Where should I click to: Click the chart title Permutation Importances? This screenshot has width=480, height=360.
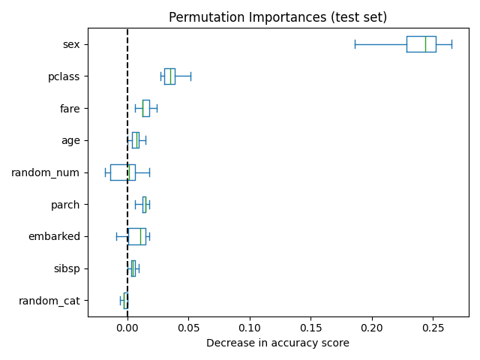[x=277, y=17]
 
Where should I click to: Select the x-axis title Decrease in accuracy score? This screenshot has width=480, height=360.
[x=277, y=343]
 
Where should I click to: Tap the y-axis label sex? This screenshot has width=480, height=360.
[x=71, y=45]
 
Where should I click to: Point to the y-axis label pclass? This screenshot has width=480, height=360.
[x=64, y=76]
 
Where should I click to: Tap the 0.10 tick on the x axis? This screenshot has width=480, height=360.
[x=250, y=328]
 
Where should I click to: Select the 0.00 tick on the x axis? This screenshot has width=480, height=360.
[x=127, y=328]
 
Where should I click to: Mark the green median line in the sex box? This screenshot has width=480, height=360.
[x=425, y=44]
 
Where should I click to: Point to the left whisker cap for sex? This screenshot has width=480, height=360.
[x=355, y=44]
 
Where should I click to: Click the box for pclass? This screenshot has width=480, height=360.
[x=169, y=76]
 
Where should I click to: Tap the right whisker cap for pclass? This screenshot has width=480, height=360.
[x=190, y=76]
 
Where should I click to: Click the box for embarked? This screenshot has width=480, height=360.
[x=136, y=236]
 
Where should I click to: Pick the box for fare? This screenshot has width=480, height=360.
[x=146, y=108]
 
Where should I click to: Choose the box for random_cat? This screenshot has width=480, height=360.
[x=125, y=301]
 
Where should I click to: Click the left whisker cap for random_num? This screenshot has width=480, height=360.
[x=105, y=172]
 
